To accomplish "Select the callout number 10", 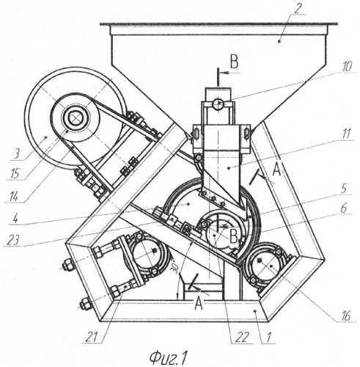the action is (x=346, y=66).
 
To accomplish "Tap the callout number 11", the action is (x=345, y=134).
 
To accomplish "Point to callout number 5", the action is (x=344, y=189).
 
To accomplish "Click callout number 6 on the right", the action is (x=344, y=208).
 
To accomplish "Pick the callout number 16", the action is (x=345, y=316).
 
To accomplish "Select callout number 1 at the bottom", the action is (x=268, y=338).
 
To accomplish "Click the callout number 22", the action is (x=242, y=338).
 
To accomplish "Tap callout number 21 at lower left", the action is (x=92, y=337).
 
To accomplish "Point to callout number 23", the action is (x=13, y=241).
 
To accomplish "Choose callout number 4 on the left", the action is (x=15, y=218).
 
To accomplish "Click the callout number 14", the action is (x=12, y=197).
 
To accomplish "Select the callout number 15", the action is (x=15, y=174).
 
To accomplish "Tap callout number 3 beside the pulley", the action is (x=16, y=154).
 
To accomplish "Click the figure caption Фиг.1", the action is (x=168, y=358).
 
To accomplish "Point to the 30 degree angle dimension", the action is (x=175, y=269).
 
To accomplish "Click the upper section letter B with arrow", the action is (x=235, y=62).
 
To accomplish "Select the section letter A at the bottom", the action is (x=199, y=303).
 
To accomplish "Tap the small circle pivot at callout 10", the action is (x=218, y=103).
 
